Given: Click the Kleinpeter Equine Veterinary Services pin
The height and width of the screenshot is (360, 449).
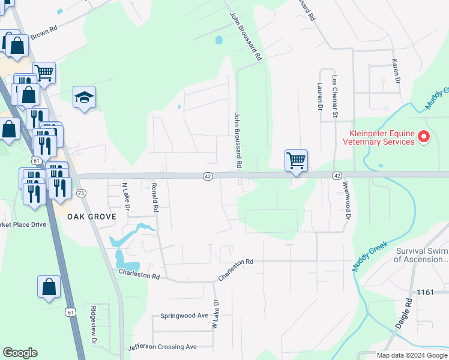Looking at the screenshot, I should point(424,137).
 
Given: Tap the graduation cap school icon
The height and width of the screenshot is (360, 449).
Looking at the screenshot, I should point(84,98).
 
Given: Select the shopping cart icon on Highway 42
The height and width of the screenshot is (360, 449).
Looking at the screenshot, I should point(296,161).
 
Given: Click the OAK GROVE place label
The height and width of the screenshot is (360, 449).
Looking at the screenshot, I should point(91,216).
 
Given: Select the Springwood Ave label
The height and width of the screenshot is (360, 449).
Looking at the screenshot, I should point(184,315).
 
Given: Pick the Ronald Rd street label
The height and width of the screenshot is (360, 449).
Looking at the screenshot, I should point(155,198).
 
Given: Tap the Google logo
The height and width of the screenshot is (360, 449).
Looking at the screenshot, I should point(20,353).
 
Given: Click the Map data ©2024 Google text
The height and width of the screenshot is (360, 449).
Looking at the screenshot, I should point(411,355).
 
